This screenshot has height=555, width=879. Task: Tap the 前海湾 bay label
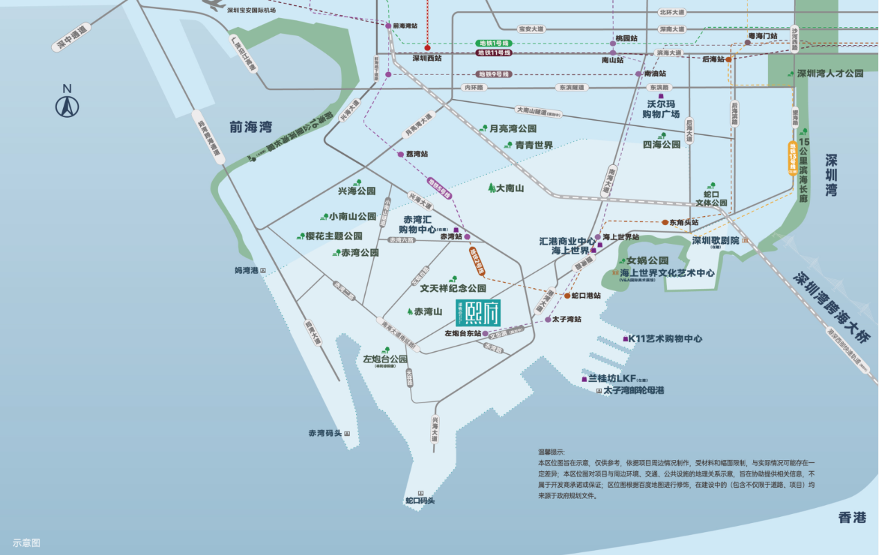point(251,127)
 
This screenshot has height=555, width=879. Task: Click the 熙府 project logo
point(477,314)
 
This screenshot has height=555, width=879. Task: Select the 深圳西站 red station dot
point(427,48)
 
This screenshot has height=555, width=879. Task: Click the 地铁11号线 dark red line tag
point(493,53)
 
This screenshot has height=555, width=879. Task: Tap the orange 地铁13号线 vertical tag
point(793,158)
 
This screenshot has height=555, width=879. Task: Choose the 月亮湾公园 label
point(513,129)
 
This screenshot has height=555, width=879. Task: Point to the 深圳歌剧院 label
point(716,240)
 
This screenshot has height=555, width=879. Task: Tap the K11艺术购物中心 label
point(665,339)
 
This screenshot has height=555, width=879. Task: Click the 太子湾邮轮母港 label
point(633,391)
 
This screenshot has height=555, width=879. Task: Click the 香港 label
point(852,518)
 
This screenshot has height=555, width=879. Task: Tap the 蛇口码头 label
point(420,500)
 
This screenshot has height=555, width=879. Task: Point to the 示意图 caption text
point(26,543)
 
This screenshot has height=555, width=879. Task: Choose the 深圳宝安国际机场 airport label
point(251,10)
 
